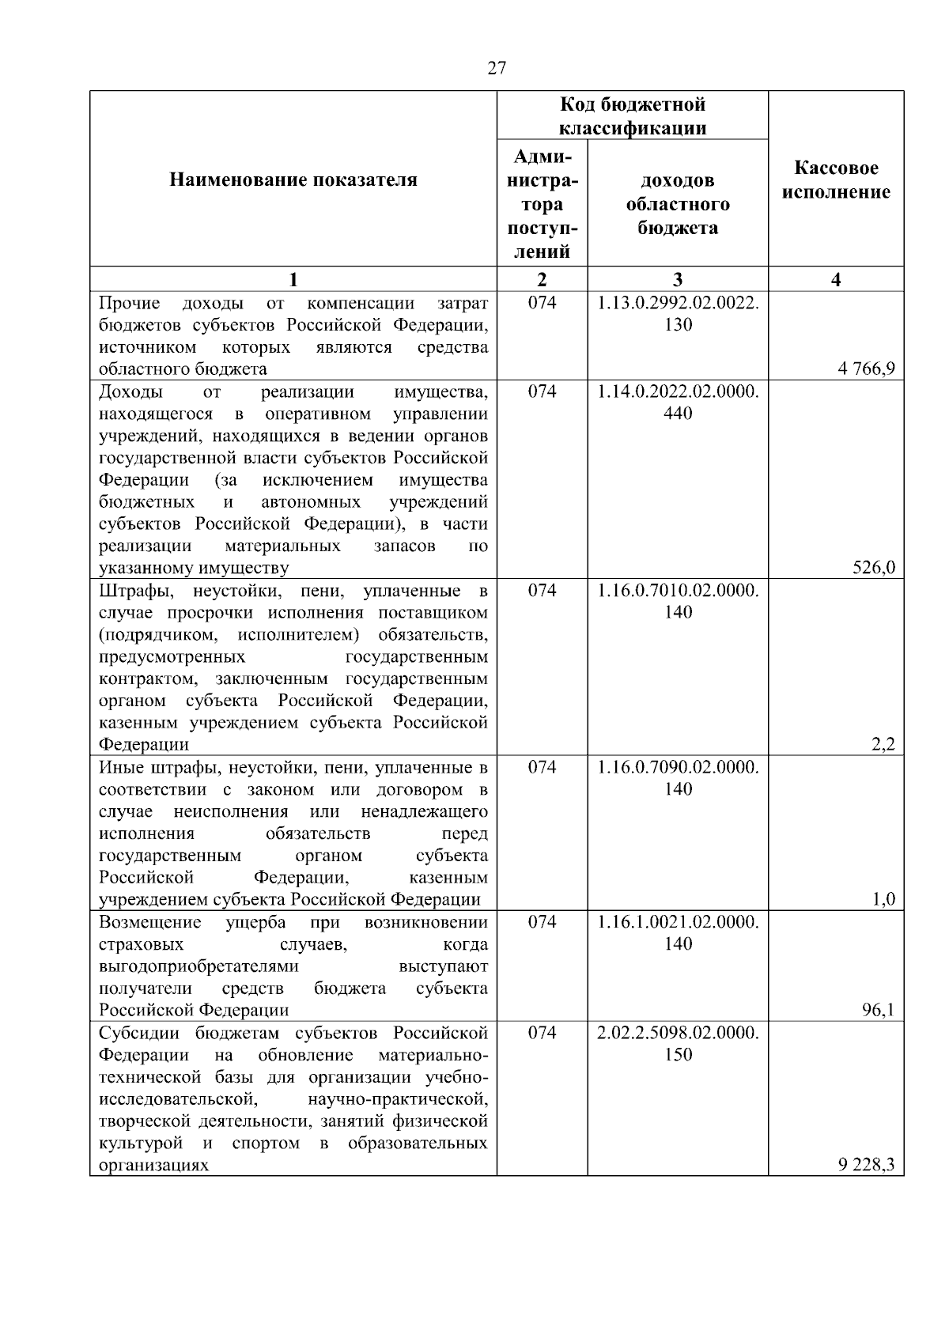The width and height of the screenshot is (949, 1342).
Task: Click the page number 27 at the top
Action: click(496, 68)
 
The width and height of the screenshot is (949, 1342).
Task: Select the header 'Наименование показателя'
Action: click(293, 180)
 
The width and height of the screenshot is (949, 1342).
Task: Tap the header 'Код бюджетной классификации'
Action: click(633, 116)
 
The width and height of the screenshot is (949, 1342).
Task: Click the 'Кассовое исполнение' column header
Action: click(836, 180)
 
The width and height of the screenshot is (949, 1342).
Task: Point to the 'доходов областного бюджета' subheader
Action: click(678, 205)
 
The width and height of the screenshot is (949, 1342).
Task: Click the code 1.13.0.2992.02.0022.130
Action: click(678, 314)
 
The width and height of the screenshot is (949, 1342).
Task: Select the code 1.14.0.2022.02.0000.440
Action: click(678, 403)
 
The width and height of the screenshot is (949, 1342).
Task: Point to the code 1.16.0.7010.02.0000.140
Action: click(678, 601)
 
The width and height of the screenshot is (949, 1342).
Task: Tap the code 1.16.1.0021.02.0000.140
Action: click(678, 932)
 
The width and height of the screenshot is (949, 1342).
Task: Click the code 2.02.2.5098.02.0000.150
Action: click(678, 1043)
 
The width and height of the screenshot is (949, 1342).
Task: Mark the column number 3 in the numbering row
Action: click(678, 279)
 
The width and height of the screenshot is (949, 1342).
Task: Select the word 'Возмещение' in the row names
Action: click(150, 922)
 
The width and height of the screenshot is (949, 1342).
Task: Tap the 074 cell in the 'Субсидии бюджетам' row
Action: click(542, 1033)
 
